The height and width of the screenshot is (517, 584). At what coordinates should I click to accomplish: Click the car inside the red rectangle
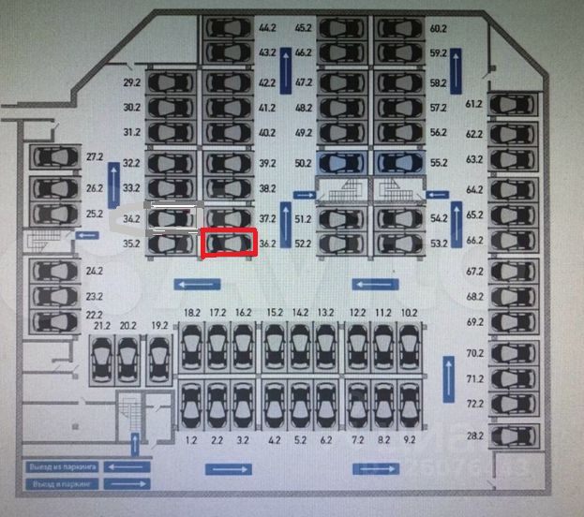click(x=229, y=244)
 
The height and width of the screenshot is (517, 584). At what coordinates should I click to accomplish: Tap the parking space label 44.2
click(x=267, y=29)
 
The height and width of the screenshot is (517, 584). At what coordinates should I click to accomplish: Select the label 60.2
click(x=438, y=29)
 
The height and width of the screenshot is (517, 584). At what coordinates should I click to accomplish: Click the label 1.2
click(x=191, y=439)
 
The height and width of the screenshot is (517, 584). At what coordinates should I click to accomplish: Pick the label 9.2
click(x=410, y=439)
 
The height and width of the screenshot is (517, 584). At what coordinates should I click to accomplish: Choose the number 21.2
click(x=102, y=326)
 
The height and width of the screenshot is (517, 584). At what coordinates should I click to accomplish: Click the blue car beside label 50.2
click(x=341, y=163)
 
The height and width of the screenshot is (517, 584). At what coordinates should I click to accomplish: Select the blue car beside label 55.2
click(x=399, y=163)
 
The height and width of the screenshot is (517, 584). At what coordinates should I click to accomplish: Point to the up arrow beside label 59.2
click(x=457, y=70)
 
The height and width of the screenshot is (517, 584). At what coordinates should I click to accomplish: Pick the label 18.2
click(x=192, y=312)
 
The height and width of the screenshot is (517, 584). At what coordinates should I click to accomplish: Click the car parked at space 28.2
click(x=515, y=436)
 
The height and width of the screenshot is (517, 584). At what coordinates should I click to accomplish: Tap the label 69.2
click(x=474, y=322)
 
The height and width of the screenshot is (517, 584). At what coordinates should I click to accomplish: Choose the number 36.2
click(x=267, y=244)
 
